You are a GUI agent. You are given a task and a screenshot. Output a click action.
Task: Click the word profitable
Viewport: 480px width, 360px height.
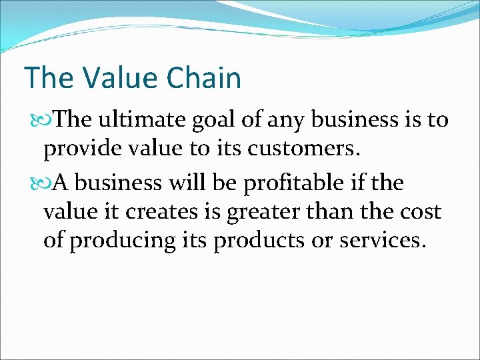[x=308, y=182]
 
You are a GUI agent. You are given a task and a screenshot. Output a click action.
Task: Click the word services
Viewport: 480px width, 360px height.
[x=381, y=241]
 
